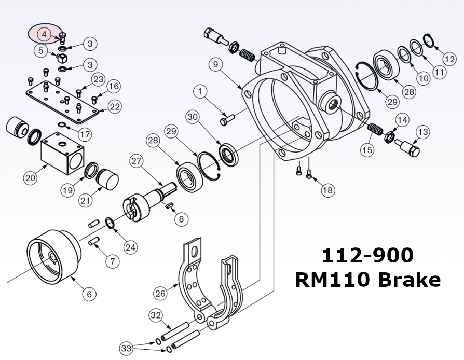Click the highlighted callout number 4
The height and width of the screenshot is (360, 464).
click(44, 34)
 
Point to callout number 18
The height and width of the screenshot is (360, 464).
click(327, 190)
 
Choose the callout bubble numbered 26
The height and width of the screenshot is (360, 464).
click(161, 293)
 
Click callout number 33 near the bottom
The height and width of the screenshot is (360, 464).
click(126, 347)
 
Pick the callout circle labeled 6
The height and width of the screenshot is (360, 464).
click(89, 294)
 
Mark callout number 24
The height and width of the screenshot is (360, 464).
click(130, 247)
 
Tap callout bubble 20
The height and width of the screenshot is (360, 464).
click(31, 178)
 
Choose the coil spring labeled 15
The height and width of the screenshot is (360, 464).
click(374, 128)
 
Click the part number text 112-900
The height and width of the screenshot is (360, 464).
click(367, 255)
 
